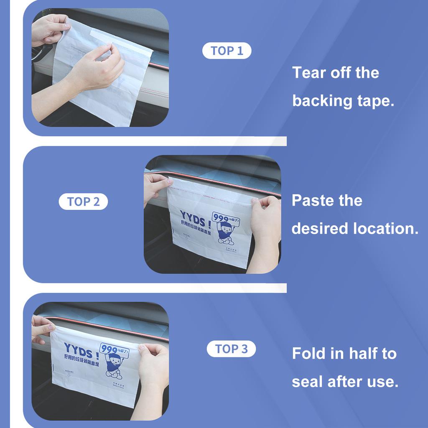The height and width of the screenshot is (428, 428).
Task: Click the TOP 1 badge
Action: (227, 51)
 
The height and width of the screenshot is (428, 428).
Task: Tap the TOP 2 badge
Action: (83, 202)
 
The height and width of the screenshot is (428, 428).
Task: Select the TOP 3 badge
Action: (232, 349)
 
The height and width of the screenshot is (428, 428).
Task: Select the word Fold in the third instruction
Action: (308, 354)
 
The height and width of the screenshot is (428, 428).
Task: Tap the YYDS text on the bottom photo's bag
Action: (79, 348)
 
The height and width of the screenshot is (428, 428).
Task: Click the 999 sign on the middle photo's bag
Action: (220, 218)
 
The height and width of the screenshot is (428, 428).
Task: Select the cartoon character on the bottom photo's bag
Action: (113, 366)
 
